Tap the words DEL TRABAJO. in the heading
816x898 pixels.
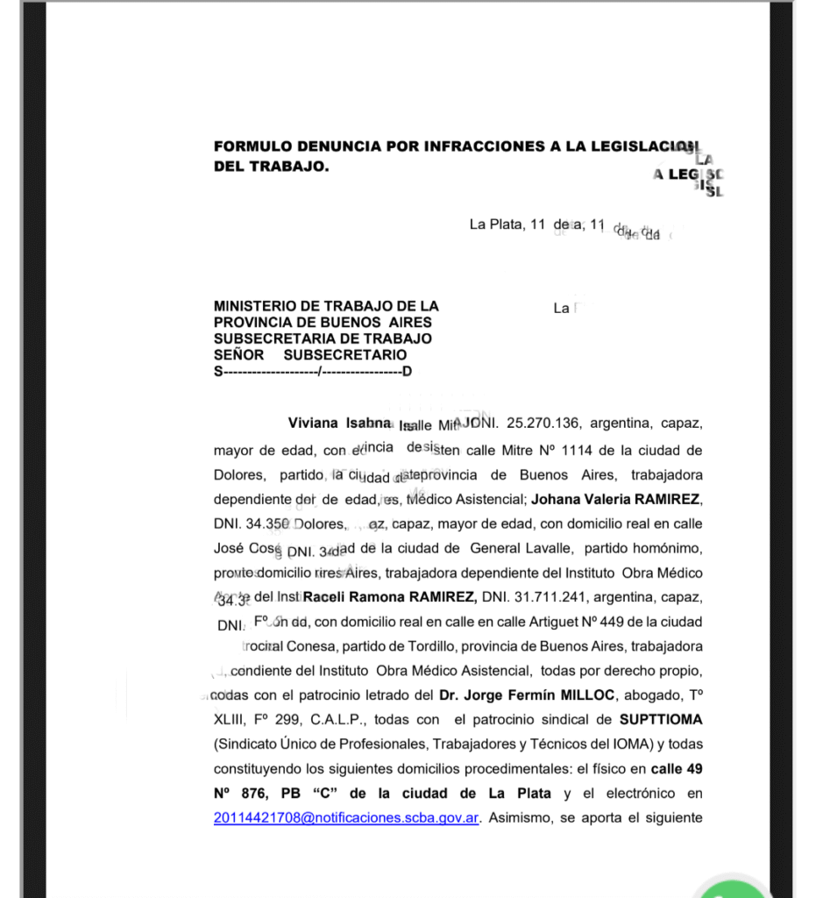[272, 166]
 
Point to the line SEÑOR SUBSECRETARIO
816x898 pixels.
[310, 355]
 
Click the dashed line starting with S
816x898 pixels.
[312, 371]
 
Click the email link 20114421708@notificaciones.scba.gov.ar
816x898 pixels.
[346, 818]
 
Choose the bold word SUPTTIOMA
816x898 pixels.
[661, 720]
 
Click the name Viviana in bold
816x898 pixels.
[313, 423]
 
